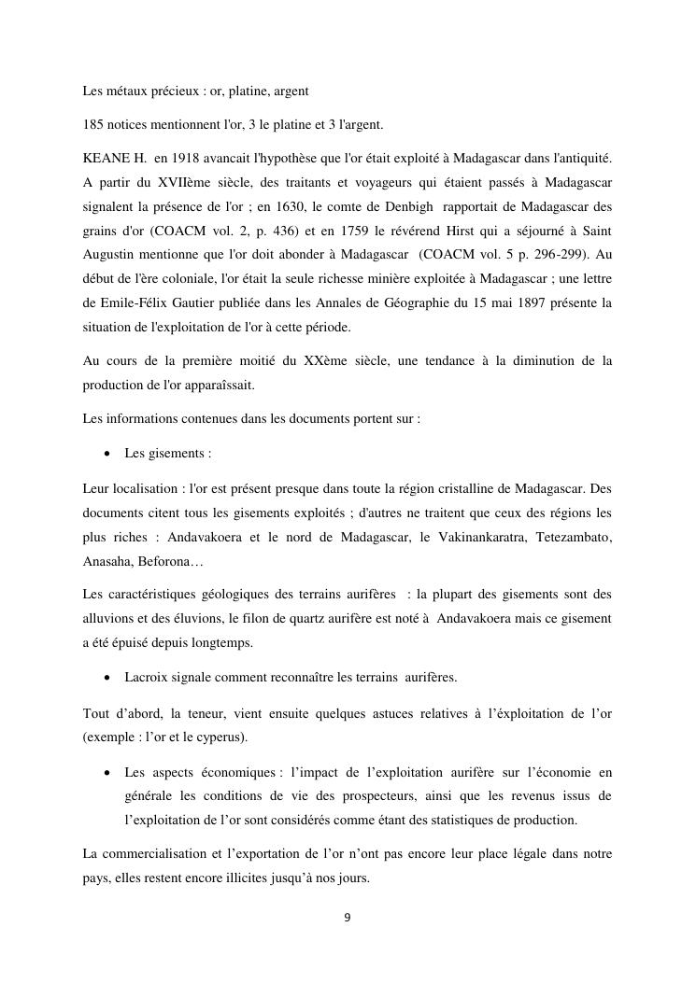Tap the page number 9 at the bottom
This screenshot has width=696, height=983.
tap(348, 918)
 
